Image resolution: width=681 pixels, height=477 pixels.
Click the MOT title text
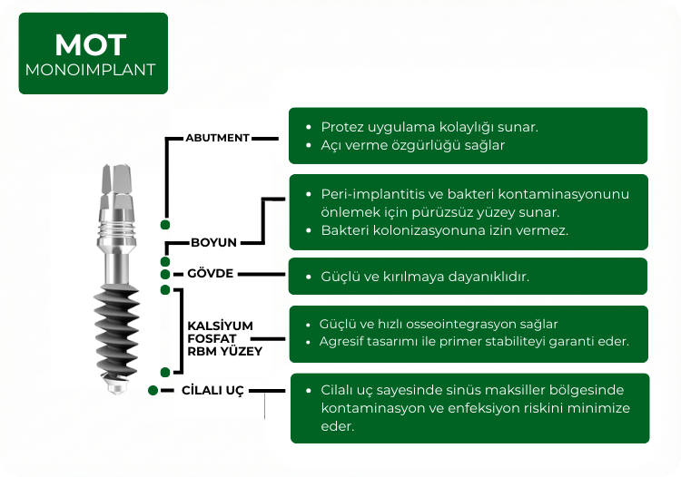coord(90,44)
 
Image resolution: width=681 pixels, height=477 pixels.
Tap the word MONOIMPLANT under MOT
coord(90,69)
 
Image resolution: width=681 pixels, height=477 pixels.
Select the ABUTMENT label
coord(217,138)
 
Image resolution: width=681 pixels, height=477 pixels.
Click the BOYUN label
coord(213,243)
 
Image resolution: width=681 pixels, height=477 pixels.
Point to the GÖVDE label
coord(210,274)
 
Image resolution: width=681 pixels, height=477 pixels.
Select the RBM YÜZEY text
coord(224,351)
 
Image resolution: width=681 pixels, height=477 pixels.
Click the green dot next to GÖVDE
coord(164,274)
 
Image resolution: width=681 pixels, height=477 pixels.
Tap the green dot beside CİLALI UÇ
coord(153,390)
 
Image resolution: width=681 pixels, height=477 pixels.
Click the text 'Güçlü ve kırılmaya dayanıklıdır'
coord(425,277)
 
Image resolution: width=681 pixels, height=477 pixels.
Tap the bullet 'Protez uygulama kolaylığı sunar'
coord(429,126)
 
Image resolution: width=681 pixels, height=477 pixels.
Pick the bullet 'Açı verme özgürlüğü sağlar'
coord(412,145)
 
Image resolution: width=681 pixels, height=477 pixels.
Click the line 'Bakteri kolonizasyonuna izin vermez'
coord(444,230)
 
